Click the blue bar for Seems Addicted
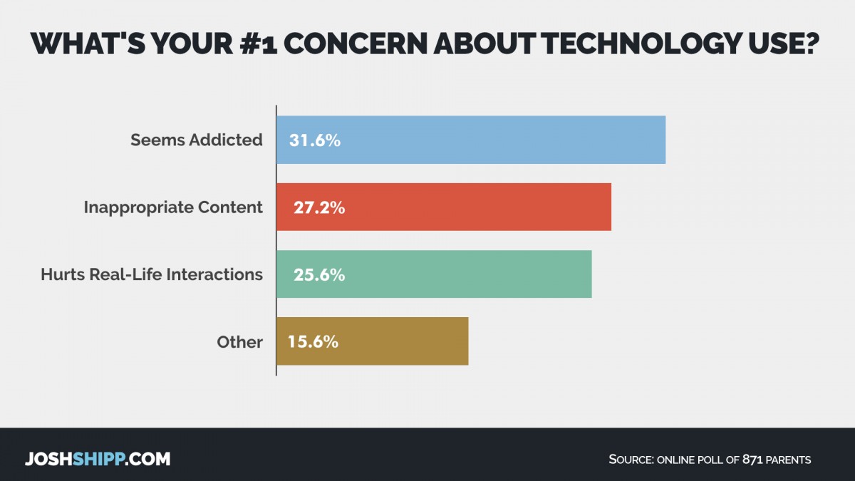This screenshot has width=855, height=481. click(471, 140)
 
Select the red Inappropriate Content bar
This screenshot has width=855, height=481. click(444, 207)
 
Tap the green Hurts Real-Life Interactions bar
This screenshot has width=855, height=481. click(434, 274)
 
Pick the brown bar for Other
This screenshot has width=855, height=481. click(372, 341)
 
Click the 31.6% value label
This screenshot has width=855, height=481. click(315, 140)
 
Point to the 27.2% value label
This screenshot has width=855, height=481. click(319, 207)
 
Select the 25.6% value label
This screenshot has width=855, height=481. click(319, 274)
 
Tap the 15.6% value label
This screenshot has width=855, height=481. click(313, 341)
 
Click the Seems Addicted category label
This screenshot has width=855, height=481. click(197, 140)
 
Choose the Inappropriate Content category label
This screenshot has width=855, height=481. click(173, 207)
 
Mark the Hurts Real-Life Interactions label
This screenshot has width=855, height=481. click(152, 274)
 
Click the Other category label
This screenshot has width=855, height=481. click(239, 342)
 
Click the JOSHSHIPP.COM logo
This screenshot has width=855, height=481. click(98, 458)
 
